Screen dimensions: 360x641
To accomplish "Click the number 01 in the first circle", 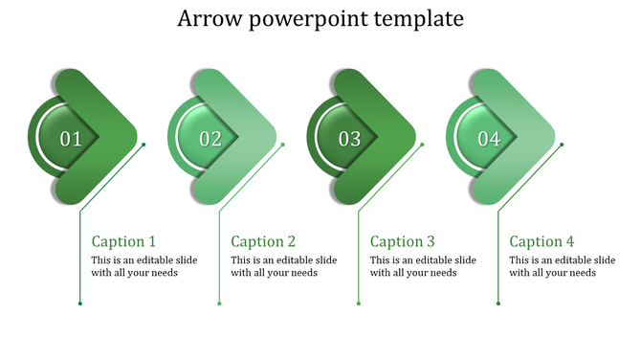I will click(x=71, y=139).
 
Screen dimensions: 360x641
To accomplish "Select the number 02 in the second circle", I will click(x=210, y=139).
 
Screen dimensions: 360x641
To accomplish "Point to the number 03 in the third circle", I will click(x=350, y=139).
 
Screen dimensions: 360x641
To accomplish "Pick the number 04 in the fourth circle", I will click(x=489, y=139).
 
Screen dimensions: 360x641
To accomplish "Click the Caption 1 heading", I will click(x=123, y=241).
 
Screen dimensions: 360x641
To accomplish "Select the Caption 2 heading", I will click(x=263, y=241).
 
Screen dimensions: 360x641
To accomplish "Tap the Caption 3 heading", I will click(x=403, y=241).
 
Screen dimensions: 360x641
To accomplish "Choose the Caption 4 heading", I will click(x=542, y=241).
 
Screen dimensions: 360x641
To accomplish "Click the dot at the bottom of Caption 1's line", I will click(x=79, y=304).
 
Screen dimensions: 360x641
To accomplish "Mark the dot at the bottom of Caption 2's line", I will click(x=219, y=304).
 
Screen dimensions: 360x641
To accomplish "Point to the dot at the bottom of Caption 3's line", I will click(x=359, y=304).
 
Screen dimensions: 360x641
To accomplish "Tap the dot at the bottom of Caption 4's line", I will click(x=497, y=304).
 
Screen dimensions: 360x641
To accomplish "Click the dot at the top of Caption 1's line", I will click(x=144, y=145).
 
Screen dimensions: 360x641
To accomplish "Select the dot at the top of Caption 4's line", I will click(x=562, y=145).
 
